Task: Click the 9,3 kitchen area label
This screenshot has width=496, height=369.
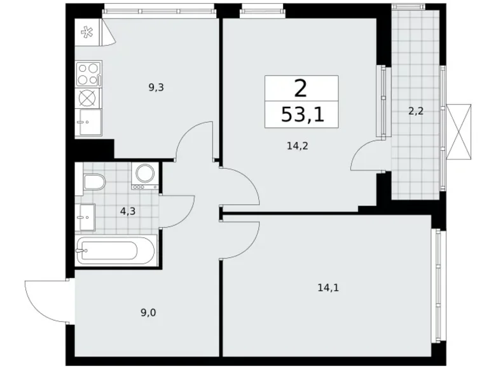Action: [x=156, y=88]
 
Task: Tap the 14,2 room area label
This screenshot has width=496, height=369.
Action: [x=298, y=146]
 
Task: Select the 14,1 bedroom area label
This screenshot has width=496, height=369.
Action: [x=328, y=288]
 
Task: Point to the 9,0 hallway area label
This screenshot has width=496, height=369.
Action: [x=148, y=313]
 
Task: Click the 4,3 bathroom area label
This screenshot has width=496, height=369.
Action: [x=128, y=211]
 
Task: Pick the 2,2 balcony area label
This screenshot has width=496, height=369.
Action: [x=416, y=111]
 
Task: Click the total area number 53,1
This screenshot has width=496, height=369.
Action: [x=303, y=115]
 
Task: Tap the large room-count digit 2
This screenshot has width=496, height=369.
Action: [x=301, y=88]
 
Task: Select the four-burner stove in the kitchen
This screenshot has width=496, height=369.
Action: [x=88, y=74]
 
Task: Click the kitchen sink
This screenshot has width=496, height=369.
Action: [x=88, y=122]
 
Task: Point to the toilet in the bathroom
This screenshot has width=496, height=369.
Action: [x=94, y=182]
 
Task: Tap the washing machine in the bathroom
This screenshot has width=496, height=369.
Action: [x=145, y=176]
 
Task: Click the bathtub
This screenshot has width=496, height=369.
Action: [x=116, y=250]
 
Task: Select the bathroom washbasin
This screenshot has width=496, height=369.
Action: [x=85, y=217]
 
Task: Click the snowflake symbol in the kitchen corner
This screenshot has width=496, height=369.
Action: [x=86, y=32]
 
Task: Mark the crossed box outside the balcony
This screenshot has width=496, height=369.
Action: [x=458, y=131]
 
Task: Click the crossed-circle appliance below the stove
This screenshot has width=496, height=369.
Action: [x=88, y=98]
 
